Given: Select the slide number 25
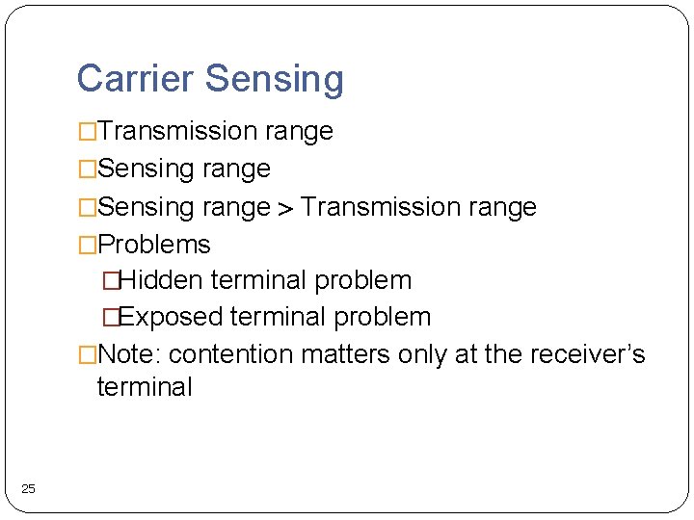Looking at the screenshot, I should pyautogui.click(x=28, y=489).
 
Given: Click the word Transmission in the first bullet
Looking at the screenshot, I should pyautogui.click(x=173, y=131).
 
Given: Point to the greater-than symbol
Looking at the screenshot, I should pyautogui.click(x=285, y=208).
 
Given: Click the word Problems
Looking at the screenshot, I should pyautogui.click(x=154, y=245).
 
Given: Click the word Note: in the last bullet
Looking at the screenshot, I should pyautogui.click(x=130, y=354).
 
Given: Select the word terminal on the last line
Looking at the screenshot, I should pyautogui.click(x=145, y=387).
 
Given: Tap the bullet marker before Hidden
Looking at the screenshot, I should pyautogui.click(x=111, y=281).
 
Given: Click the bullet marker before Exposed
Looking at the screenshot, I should pyautogui.click(x=111, y=318).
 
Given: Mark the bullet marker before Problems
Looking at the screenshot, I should pyautogui.click(x=88, y=246).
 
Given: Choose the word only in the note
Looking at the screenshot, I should pyautogui.click(x=422, y=354).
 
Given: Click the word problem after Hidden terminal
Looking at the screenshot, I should pyautogui.click(x=365, y=281).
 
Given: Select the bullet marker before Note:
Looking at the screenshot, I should pyautogui.click(x=88, y=355).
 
